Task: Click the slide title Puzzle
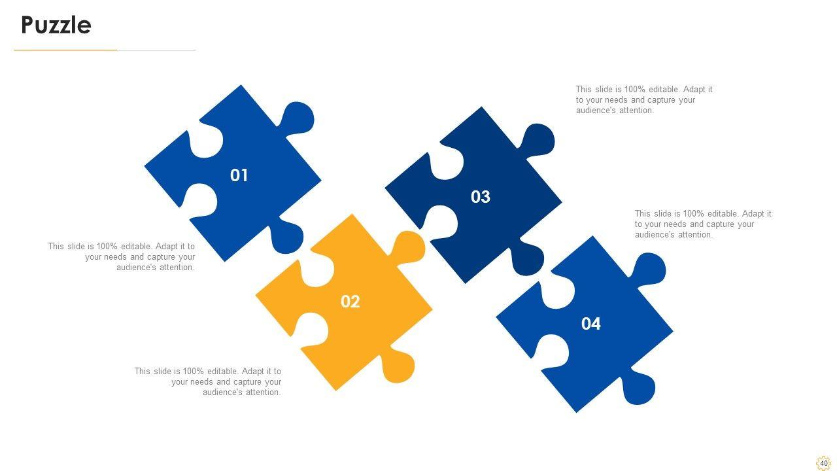(x=56, y=25)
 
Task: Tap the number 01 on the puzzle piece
(x=239, y=175)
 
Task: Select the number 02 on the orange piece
(x=350, y=302)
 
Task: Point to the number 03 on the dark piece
(x=480, y=197)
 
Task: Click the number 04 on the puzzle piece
(x=590, y=324)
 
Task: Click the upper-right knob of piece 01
(x=297, y=118)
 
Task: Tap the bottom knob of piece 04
(x=638, y=388)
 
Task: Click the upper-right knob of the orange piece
(x=408, y=247)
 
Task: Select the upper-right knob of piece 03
(x=538, y=140)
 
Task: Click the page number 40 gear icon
(x=823, y=463)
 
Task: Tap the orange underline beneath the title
(x=65, y=50)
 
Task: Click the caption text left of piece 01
(x=122, y=257)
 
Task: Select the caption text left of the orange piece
(x=208, y=381)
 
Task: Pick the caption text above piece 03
(x=644, y=100)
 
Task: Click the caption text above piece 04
(x=703, y=224)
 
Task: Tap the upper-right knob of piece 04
(x=649, y=269)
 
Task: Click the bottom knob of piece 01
(x=286, y=236)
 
